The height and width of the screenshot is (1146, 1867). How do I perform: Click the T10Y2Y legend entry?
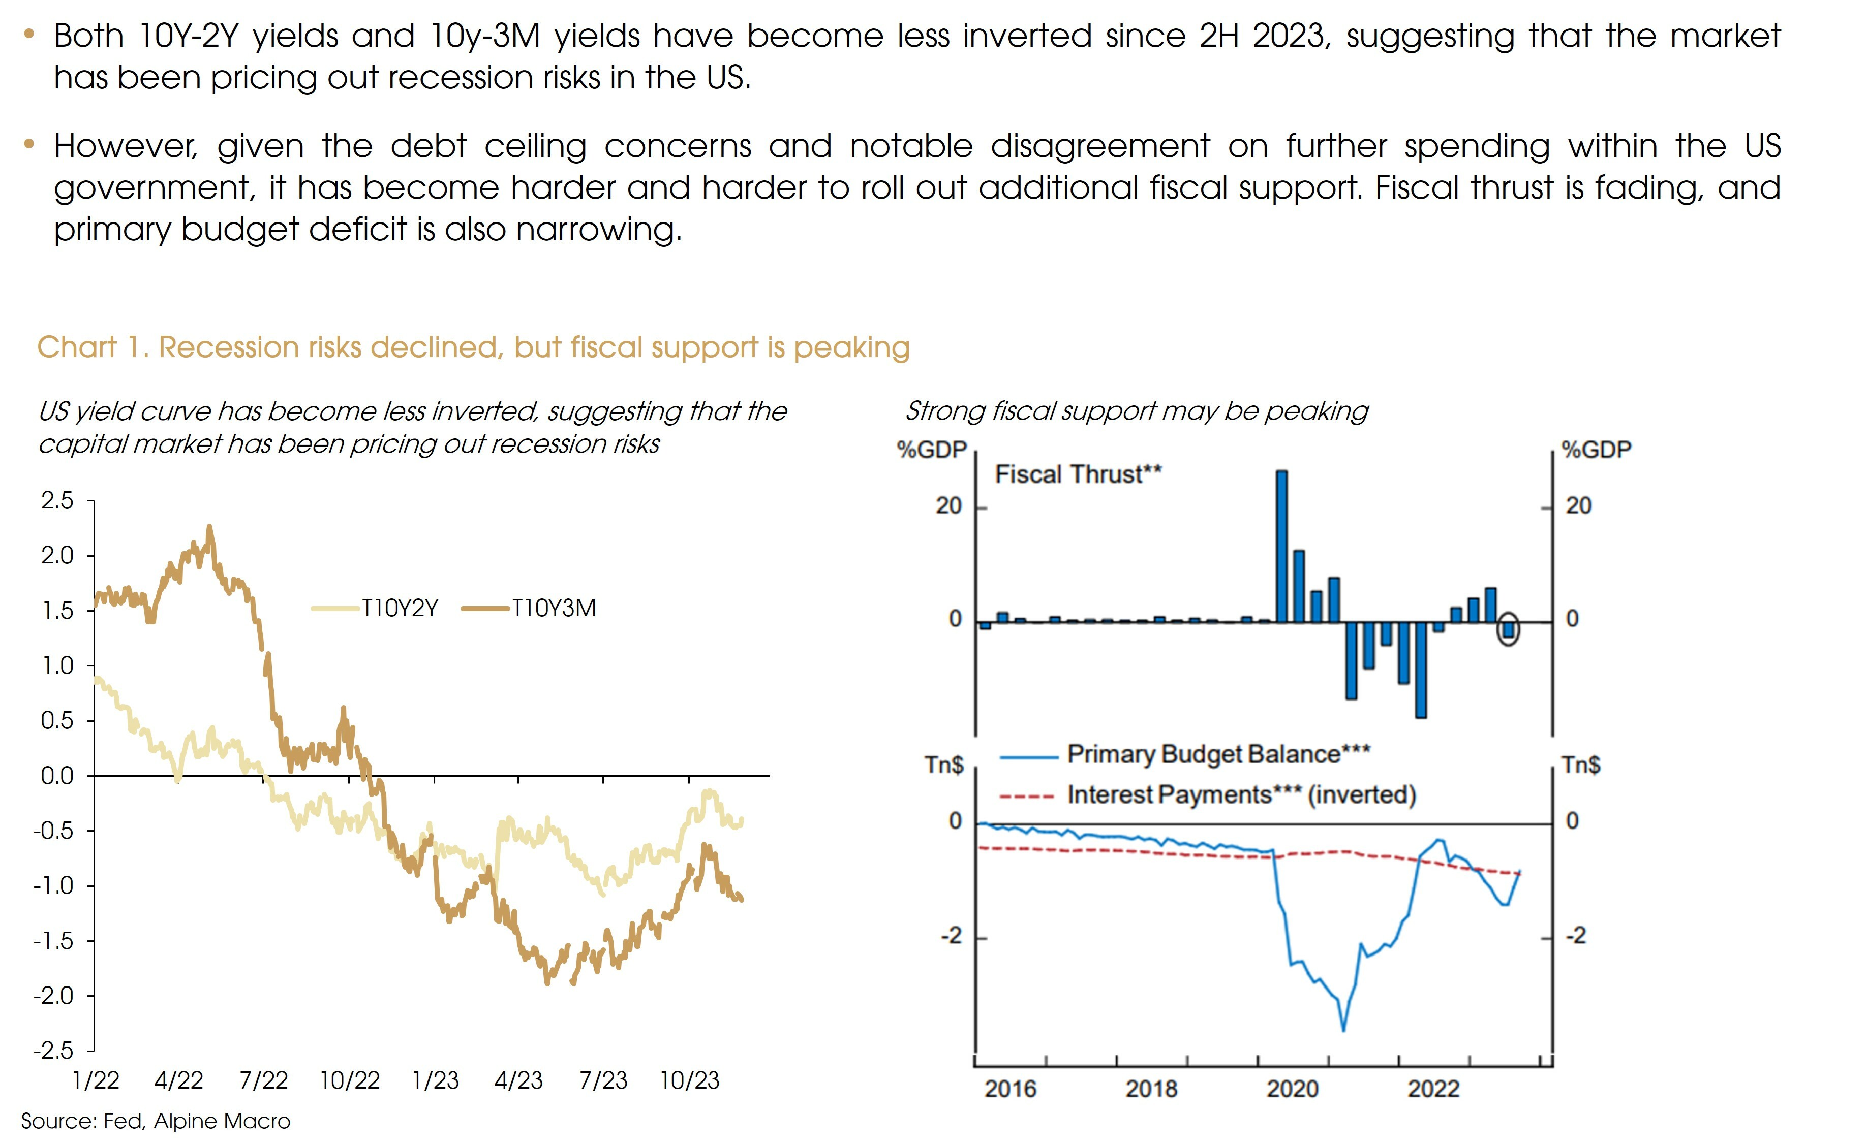coord(399,609)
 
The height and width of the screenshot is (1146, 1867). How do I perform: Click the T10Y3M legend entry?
coord(553,609)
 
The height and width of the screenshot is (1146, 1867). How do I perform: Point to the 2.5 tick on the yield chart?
coord(57,501)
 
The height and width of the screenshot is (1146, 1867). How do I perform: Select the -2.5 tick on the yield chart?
coord(54,1050)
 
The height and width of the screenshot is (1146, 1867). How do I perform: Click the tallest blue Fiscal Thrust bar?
coord(1281,546)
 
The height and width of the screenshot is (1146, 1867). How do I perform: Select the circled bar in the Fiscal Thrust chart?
coord(1508,629)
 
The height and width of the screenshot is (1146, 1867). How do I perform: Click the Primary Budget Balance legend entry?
coord(1218,755)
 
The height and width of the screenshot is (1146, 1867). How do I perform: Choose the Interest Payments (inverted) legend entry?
coord(1241,795)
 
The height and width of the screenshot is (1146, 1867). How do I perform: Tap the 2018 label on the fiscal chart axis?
coord(1151,1089)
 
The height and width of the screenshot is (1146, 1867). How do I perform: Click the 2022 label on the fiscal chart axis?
coord(1433,1089)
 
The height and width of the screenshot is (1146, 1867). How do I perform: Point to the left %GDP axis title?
coord(931,450)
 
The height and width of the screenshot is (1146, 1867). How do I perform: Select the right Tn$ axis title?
coord(1581,766)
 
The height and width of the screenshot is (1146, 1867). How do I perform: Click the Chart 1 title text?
coord(473,348)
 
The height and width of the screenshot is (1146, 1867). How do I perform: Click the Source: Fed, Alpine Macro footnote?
coord(156,1122)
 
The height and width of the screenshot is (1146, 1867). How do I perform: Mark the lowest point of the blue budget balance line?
coord(1344,1029)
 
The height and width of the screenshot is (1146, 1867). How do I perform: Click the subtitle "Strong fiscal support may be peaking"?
coord(1137,411)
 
